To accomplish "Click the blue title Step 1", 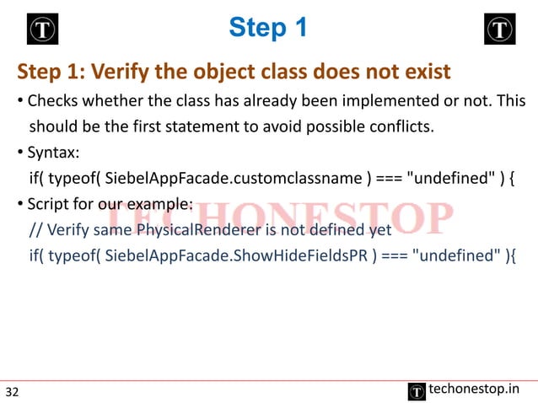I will (268, 28).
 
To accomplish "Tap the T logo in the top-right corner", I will (499, 30).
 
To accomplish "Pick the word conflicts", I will (399, 128).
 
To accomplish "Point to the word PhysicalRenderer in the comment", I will (195, 229).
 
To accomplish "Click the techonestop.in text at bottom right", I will (474, 389).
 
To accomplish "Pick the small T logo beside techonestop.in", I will (417, 390).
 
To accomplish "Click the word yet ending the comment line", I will (380, 229).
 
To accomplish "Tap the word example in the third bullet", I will (161, 204).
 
